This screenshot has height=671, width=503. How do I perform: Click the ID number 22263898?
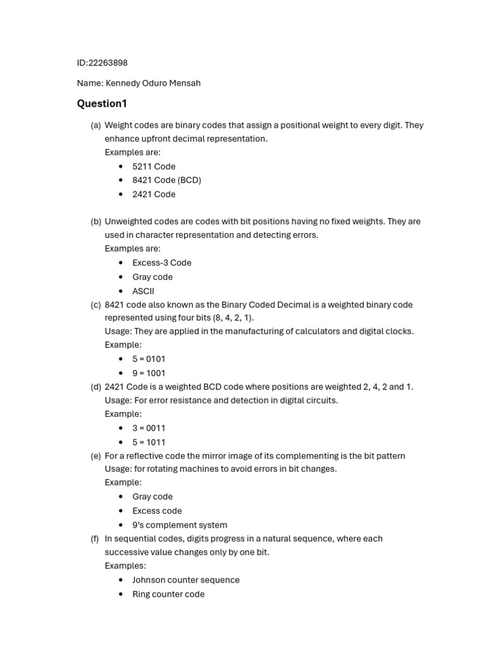pyautogui.click(x=108, y=63)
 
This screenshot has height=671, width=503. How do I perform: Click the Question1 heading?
pyautogui.click(x=102, y=104)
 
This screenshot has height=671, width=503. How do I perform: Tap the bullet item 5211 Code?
pyautogui.click(x=154, y=166)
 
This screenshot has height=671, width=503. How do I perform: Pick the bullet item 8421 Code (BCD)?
pyautogui.click(x=166, y=180)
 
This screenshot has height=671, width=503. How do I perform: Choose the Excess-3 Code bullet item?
pyautogui.click(x=162, y=263)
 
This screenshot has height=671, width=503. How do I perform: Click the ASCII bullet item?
pyautogui.click(x=143, y=291)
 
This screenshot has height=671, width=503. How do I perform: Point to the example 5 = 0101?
pyautogui.click(x=149, y=359)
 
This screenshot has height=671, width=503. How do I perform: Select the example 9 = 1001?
pyautogui.click(x=149, y=374)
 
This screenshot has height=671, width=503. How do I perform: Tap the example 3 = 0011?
pyautogui.click(x=149, y=428)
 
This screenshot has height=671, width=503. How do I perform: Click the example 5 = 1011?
pyautogui.click(x=149, y=442)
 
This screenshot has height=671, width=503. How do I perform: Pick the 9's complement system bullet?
pyautogui.click(x=179, y=525)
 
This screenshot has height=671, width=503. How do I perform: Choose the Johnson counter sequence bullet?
pyautogui.click(x=186, y=580)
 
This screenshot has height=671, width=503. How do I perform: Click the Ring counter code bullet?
pyautogui.click(x=168, y=594)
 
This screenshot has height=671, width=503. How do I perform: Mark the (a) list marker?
pyautogui.click(x=96, y=125)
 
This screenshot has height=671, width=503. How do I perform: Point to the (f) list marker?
pyautogui.click(x=95, y=539)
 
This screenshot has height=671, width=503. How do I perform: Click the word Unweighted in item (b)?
pyautogui.click(x=128, y=221)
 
